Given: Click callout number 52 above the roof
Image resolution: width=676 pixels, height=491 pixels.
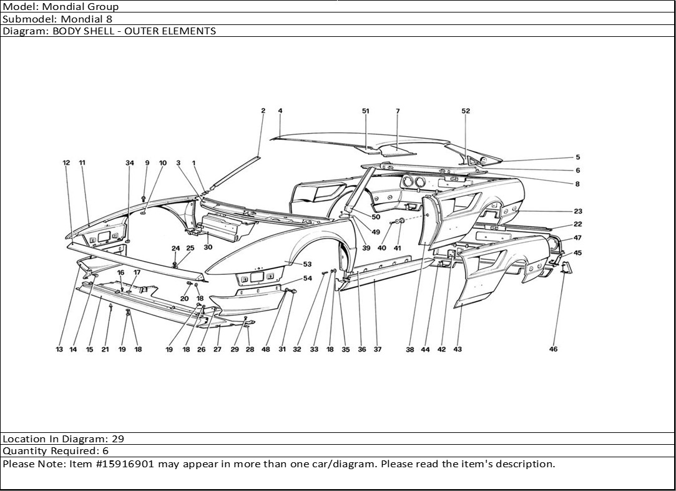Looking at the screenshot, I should click(x=466, y=111).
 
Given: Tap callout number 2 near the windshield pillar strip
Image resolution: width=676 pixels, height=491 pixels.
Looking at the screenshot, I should click(x=263, y=111).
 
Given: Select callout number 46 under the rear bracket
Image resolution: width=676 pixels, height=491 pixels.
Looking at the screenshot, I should click(x=553, y=349).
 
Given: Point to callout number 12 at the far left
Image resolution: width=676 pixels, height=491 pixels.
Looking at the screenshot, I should click(x=66, y=163).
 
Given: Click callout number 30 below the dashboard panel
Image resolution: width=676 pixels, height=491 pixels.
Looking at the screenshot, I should click(x=208, y=247).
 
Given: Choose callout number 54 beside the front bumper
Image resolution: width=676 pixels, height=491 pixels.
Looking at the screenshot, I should click(x=308, y=279).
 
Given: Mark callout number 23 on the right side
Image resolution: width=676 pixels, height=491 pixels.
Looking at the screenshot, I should click(x=577, y=212).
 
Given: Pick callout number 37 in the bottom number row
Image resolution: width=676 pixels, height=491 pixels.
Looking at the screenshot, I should click(x=378, y=350).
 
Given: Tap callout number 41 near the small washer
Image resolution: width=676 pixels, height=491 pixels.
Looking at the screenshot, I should click(x=397, y=248).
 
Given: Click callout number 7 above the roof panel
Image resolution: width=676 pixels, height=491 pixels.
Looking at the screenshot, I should click(x=398, y=111).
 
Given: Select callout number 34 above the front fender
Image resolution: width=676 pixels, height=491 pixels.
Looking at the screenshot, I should click(x=130, y=163).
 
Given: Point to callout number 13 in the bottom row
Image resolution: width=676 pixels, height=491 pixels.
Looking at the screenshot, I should click(x=59, y=350).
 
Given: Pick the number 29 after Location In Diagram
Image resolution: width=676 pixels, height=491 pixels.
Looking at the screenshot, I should click(x=117, y=439).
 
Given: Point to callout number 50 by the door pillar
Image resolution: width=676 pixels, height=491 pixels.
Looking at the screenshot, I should click(x=376, y=217).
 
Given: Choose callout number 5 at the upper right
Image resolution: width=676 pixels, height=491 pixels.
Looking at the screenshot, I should click(x=578, y=158).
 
